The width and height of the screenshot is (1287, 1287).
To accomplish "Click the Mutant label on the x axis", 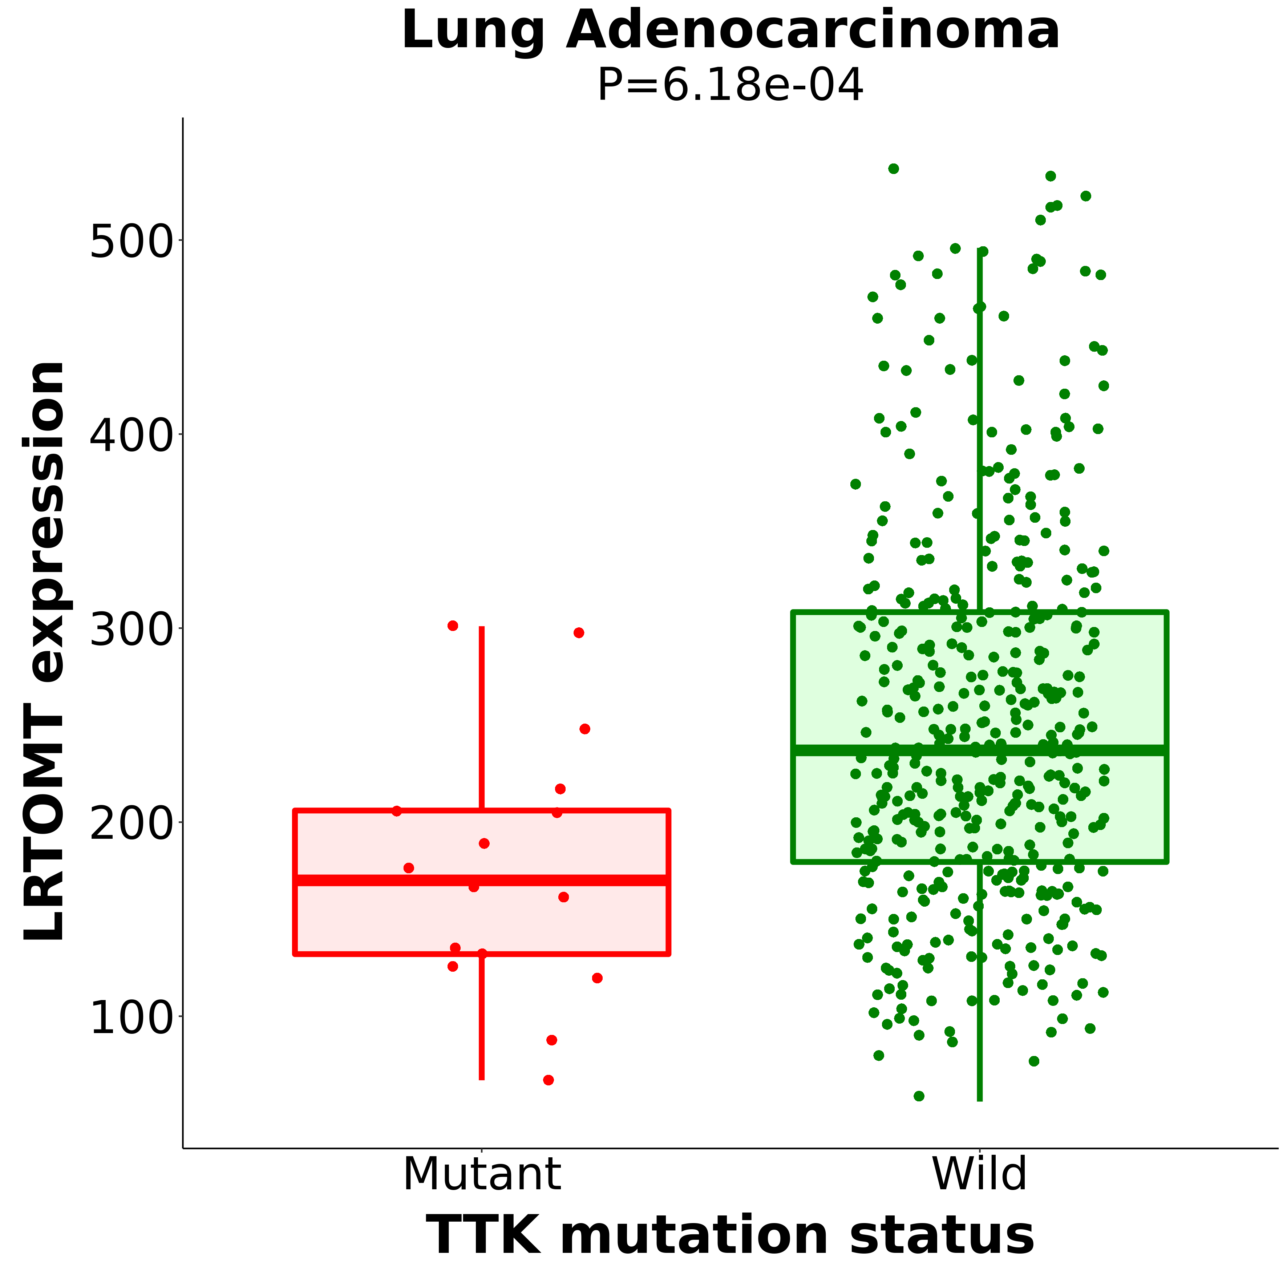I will [482, 1174].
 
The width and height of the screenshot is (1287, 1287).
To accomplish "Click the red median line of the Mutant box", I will [482, 881].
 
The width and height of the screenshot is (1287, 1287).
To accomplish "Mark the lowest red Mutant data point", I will [548, 1080].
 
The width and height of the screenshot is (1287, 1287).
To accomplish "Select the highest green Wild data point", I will [893, 169].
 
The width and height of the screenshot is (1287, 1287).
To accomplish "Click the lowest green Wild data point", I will [919, 1096].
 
